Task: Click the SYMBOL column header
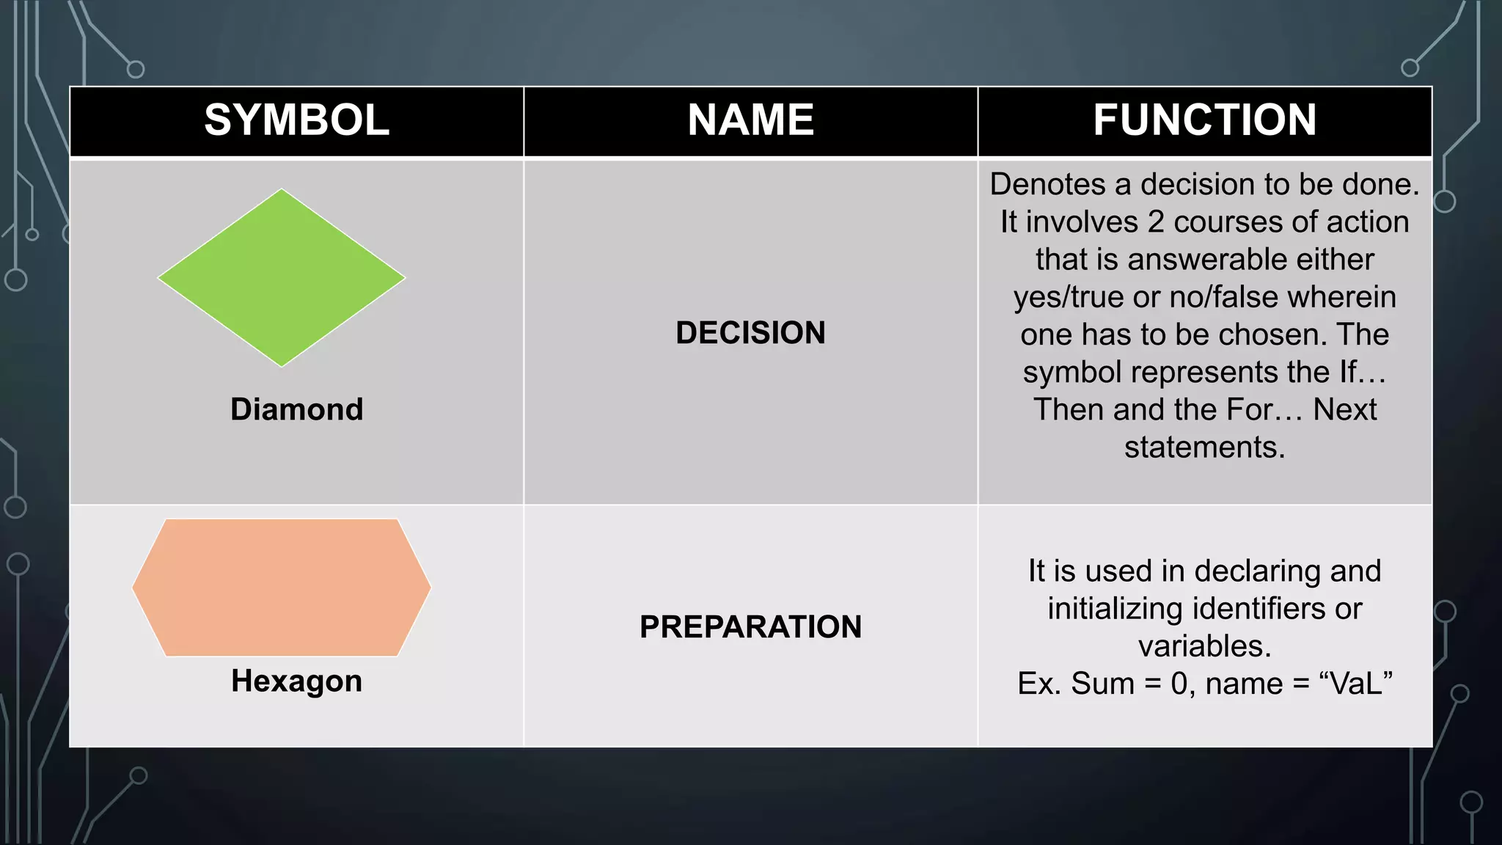[296, 120]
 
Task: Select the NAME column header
[750, 120]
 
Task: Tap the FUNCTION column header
[1204, 120]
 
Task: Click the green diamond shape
[282, 278]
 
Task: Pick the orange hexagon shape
[282, 588]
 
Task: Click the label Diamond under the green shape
[296, 409]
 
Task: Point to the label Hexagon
[296, 681]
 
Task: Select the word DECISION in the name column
[750, 333]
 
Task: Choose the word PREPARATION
[750, 627]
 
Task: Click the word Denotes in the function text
[1047, 184]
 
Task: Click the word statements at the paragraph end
[1204, 447]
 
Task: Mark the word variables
[1204, 646]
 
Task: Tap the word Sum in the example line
[1102, 684]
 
